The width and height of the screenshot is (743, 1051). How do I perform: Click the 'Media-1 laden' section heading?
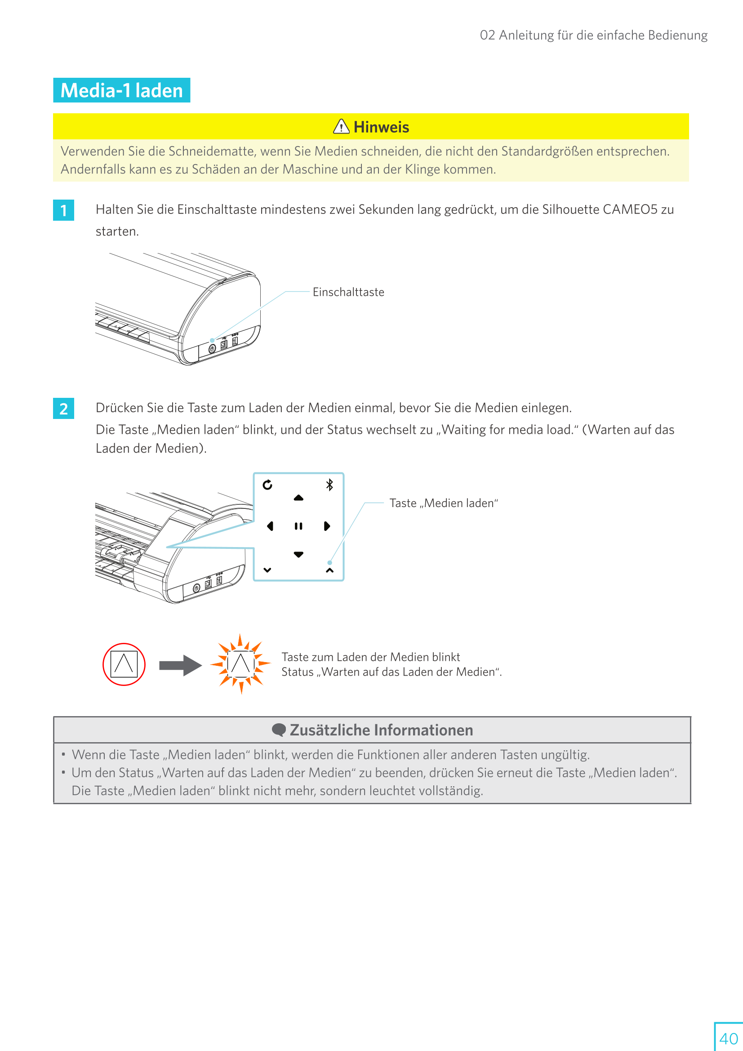point(122,90)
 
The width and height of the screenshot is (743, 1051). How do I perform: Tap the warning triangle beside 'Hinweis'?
point(341,126)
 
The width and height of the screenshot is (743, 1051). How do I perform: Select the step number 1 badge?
point(64,210)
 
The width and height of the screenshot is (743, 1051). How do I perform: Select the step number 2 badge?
point(64,408)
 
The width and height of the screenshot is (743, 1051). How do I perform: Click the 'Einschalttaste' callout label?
point(348,292)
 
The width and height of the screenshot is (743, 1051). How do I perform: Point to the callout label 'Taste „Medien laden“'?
point(444,503)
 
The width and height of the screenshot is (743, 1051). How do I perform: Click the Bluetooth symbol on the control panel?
point(329,485)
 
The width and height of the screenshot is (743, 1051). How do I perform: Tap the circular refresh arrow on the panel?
point(267,485)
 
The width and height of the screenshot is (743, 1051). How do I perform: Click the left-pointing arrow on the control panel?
point(270,526)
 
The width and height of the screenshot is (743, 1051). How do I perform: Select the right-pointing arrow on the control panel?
point(327,526)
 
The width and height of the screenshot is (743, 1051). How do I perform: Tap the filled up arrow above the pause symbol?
point(298,498)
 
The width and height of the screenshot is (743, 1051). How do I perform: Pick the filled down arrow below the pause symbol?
point(298,554)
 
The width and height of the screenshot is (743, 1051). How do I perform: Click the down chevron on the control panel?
point(267,570)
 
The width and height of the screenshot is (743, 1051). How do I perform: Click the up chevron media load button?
point(329,570)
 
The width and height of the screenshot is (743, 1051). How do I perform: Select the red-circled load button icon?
point(124,664)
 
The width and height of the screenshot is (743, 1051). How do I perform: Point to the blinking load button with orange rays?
point(241,664)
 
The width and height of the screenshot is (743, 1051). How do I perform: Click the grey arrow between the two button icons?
point(180,665)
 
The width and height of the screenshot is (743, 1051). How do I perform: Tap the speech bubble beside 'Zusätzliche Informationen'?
point(279,730)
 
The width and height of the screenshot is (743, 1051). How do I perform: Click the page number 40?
point(728,1038)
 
